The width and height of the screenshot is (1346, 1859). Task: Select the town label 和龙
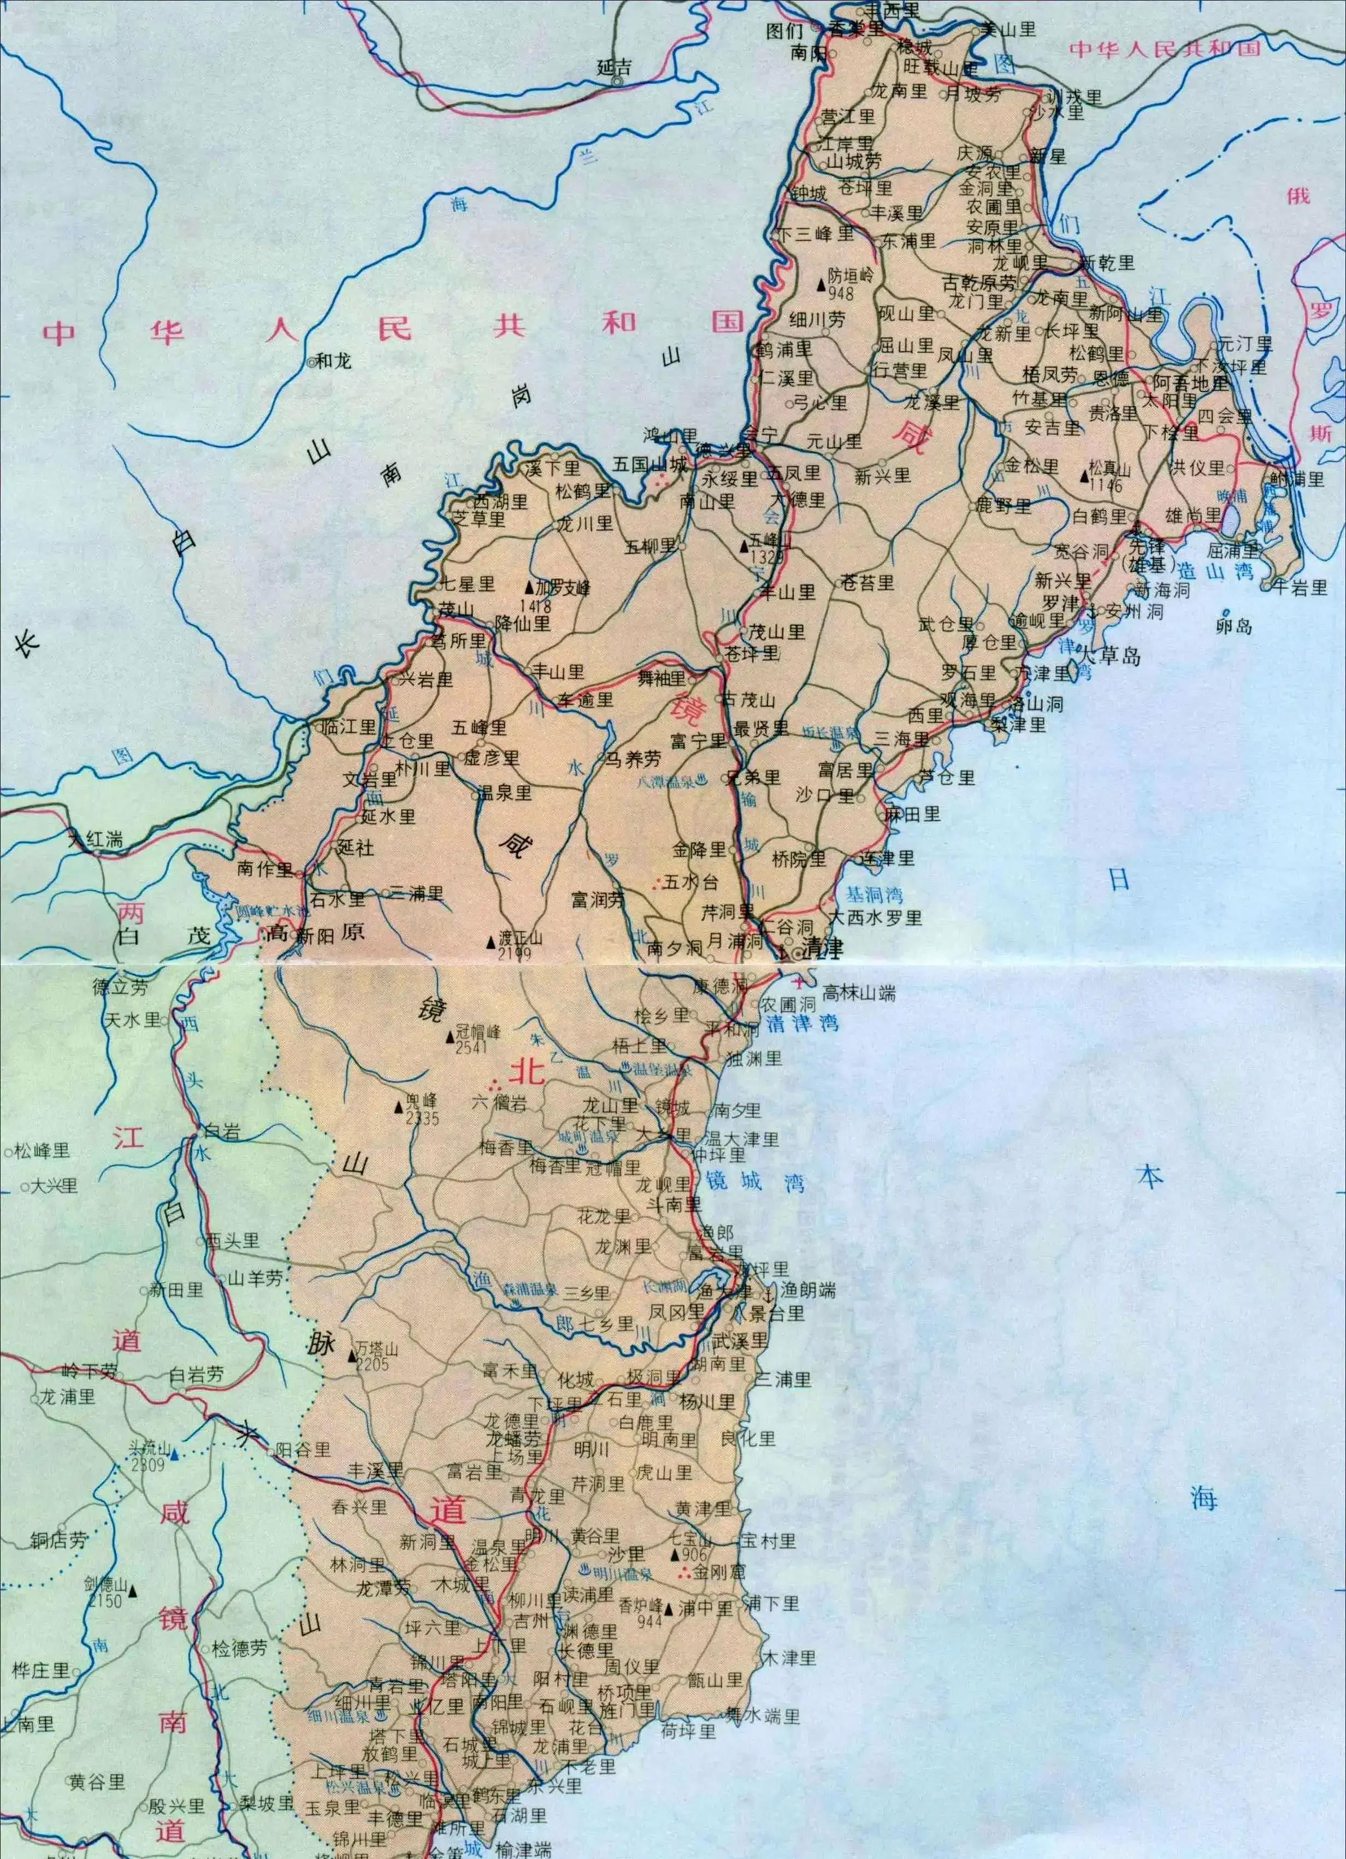(334, 360)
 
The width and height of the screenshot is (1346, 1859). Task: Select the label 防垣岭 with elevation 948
(851, 276)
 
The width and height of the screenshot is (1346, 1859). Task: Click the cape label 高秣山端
(859, 993)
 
